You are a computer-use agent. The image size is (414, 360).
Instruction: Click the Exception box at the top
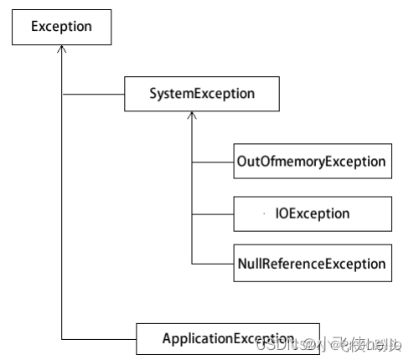[61, 27]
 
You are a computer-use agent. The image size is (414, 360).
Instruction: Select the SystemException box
[201, 94]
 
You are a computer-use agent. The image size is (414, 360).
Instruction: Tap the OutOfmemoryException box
[311, 162]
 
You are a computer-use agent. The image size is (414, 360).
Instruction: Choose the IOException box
[311, 213]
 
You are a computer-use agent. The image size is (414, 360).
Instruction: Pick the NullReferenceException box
[311, 264]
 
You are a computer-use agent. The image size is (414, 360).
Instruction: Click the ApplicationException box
[228, 338]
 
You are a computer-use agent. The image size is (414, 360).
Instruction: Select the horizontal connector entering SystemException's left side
[93, 94]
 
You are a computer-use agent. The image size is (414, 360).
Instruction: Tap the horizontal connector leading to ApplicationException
[99, 338]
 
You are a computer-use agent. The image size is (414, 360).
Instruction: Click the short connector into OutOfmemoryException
[212, 162]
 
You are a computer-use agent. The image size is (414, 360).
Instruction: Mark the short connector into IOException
[212, 213]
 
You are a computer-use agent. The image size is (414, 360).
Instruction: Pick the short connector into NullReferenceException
[212, 264]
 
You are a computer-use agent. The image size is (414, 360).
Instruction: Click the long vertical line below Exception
[61, 209]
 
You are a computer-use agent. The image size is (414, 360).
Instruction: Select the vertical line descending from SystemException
[192, 193]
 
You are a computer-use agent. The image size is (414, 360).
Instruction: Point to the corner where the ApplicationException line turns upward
[61, 338]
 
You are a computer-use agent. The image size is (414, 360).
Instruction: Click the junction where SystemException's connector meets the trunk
[61, 94]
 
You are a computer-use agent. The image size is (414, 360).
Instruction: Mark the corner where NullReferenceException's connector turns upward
[192, 264]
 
